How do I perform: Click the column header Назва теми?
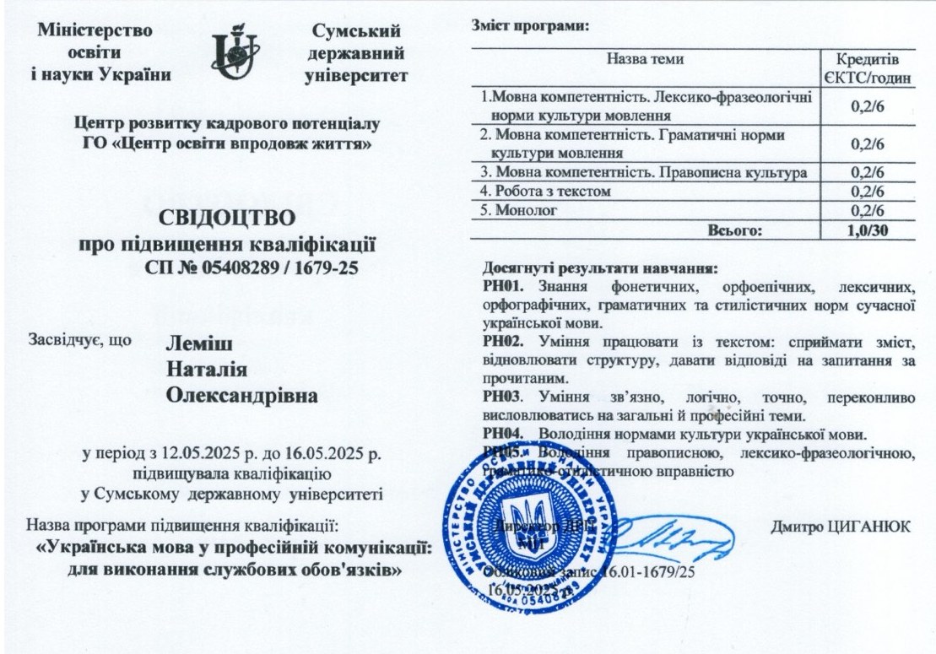[x=646, y=59]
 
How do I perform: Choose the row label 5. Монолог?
[x=517, y=210]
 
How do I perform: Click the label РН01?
[x=498, y=286]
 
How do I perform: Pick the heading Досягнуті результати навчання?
[x=599, y=268]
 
